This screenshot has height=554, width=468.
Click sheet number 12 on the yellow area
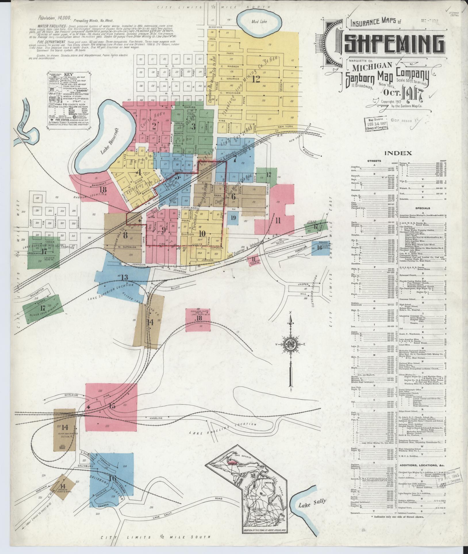click(x=256, y=79)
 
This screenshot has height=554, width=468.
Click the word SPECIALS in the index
click(x=423, y=208)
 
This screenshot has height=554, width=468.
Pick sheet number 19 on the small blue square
click(x=233, y=218)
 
